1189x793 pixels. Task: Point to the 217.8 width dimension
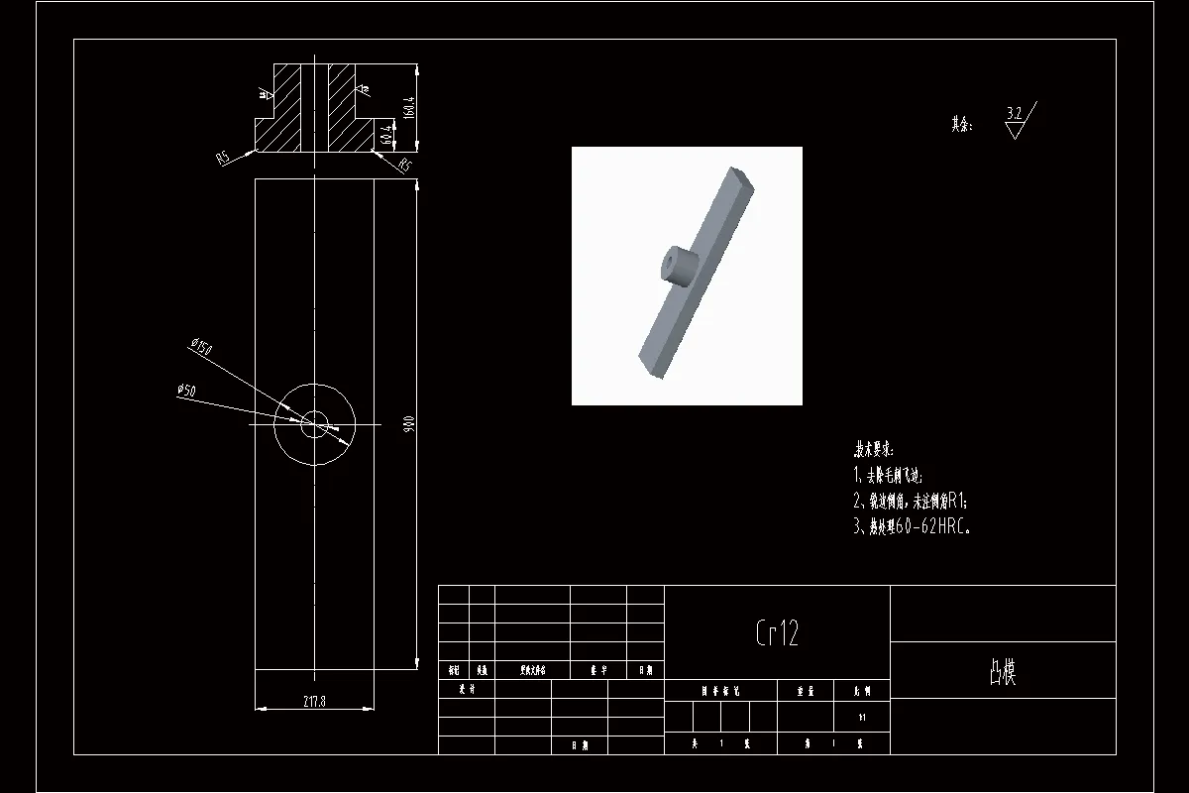coord(314,702)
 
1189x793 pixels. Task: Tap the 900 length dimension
coord(407,424)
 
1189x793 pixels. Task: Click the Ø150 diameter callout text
coord(201,347)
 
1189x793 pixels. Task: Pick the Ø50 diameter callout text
coord(185,391)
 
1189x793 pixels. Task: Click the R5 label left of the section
coord(223,157)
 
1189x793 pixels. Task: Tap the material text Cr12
coord(777,632)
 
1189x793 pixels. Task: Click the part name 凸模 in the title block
coord(1002,672)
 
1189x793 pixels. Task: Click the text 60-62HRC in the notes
coord(931,527)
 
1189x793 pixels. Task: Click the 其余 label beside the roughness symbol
coord(961,125)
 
